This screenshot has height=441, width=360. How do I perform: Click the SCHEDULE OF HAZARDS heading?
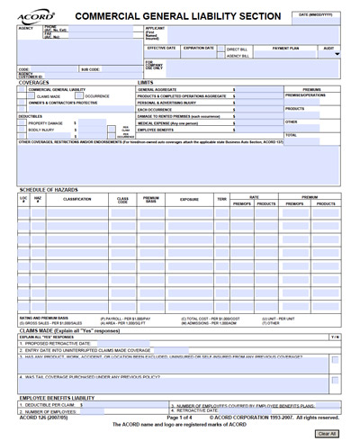[x=48, y=189]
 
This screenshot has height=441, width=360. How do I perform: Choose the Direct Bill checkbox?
[x=222, y=49]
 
